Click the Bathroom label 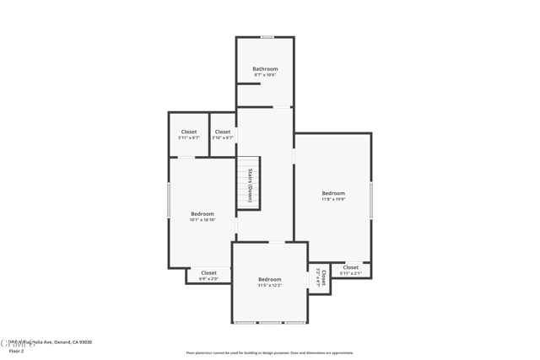pos(265,69)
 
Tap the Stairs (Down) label pos(250,185)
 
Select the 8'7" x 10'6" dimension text pos(265,75)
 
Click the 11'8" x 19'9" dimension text pos(333,200)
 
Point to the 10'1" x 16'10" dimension pos(202,220)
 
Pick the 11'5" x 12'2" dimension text pos(270,286)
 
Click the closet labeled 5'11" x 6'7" pos(189,134)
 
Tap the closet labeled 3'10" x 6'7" pos(223,134)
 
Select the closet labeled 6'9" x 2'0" pos(208,276)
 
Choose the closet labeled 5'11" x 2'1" pos(350,271)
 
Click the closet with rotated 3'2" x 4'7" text pos(321,278)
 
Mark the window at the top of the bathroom pos(267,37)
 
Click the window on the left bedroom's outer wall pos(169,201)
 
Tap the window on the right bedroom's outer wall pos(371,201)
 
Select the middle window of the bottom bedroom pos(270,323)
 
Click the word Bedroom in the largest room pos(333,193)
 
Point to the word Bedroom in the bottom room pos(270,279)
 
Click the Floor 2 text pos(16,351)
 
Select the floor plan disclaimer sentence pos(270,353)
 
